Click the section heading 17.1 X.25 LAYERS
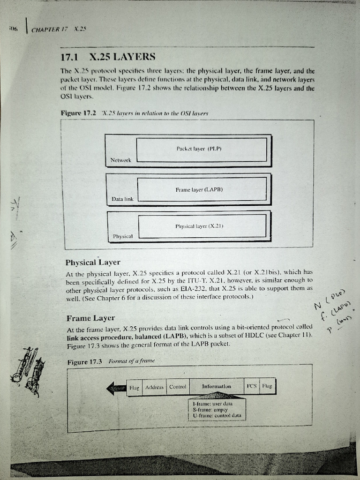[x=108, y=57]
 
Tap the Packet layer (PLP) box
[x=202, y=149]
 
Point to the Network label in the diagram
[x=120, y=160]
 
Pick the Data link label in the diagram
[x=122, y=199]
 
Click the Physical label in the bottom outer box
[x=123, y=236]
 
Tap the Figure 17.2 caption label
[x=79, y=113]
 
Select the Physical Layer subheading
[x=93, y=262]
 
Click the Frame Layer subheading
[x=90, y=318]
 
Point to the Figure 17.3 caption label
[x=85, y=362]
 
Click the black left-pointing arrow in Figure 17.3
[x=116, y=388]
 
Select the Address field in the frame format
[x=154, y=387]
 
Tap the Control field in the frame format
[x=178, y=387]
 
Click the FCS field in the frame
[x=251, y=387]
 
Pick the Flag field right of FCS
[x=267, y=387]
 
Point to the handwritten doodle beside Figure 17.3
[x=29, y=370]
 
